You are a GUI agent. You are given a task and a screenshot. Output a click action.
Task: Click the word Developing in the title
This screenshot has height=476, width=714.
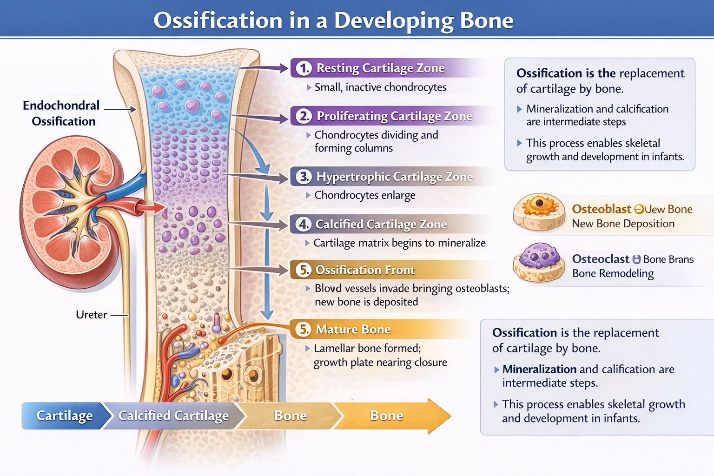pyautogui.click(x=393, y=21)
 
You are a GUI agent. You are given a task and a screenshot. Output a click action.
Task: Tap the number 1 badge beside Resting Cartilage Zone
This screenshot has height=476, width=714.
pyautogui.click(x=304, y=68)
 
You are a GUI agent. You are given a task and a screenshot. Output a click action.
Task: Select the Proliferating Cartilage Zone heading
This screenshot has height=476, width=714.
pyautogui.click(x=394, y=116)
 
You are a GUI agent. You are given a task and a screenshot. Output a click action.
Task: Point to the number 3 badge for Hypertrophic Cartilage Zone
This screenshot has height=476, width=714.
pyautogui.click(x=304, y=177)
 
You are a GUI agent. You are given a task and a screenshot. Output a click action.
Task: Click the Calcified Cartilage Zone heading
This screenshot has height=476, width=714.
pyautogui.click(x=381, y=225)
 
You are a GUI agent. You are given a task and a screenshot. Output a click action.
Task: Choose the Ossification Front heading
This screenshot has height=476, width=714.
pyautogui.click(x=365, y=270)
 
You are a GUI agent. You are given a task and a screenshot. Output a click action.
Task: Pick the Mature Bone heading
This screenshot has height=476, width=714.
pyautogui.click(x=353, y=330)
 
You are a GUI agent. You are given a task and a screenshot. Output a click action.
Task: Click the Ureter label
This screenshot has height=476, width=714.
pyautogui.click(x=92, y=315)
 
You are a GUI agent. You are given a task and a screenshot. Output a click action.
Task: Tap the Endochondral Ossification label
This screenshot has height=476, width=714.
pyautogui.click(x=62, y=113)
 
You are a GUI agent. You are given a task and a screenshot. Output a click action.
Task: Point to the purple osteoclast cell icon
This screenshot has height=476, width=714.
pyautogui.click(x=539, y=262)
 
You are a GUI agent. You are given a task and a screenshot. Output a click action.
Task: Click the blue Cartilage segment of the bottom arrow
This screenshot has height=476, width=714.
pyautogui.click(x=64, y=416)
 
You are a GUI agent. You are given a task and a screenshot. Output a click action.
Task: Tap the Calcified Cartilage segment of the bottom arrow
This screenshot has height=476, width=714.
pyautogui.click(x=173, y=416)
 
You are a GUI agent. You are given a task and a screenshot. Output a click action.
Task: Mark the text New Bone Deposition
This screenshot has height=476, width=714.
pyautogui.click(x=623, y=224)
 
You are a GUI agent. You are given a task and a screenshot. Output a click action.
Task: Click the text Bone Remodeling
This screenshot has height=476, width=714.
pyautogui.click(x=613, y=273)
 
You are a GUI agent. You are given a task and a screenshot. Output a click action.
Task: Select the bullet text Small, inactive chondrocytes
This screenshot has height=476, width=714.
pyautogui.click(x=380, y=87)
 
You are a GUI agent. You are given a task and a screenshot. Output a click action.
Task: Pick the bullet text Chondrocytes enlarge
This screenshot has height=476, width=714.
pyautogui.click(x=364, y=195)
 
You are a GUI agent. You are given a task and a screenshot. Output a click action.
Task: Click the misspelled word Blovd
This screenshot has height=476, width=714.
pyautogui.click(x=328, y=289)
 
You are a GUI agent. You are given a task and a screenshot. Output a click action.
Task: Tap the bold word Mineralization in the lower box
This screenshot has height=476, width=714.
pyautogui.click(x=539, y=370)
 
